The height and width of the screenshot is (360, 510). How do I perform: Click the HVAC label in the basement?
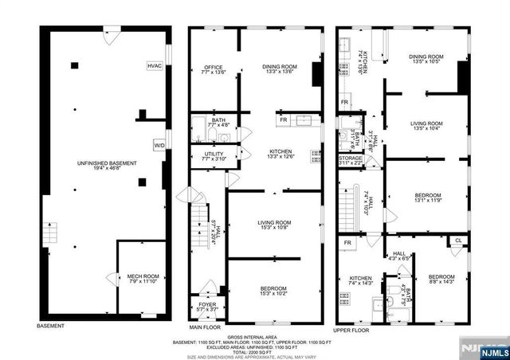[154, 65]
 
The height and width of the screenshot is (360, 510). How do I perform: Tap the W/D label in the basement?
[159, 145]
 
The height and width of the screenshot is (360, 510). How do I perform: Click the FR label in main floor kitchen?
[283, 121]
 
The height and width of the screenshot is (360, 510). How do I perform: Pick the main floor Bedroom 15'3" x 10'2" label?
[273, 290]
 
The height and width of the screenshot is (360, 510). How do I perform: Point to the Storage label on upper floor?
[351, 161]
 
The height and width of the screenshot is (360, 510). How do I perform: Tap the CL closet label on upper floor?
[458, 240]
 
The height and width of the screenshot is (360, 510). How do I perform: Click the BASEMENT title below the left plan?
[51, 327]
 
